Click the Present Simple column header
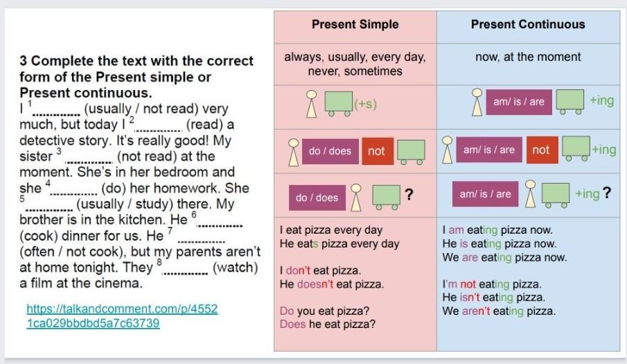tap(355, 24)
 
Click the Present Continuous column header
tap(528, 24)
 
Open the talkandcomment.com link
tap(123, 315)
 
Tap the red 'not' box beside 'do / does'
tap(376, 151)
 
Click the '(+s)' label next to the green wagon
tap(365, 104)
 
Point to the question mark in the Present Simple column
tap(409, 194)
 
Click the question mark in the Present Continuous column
tap(607, 193)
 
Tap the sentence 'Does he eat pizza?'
tap(328, 324)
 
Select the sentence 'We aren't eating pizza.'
tap(499, 311)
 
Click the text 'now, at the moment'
tap(528, 57)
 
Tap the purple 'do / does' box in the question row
tap(317, 198)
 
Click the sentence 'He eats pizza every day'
tap(339, 243)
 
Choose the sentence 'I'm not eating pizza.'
tap(491, 284)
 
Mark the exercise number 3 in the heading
tap(23, 61)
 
